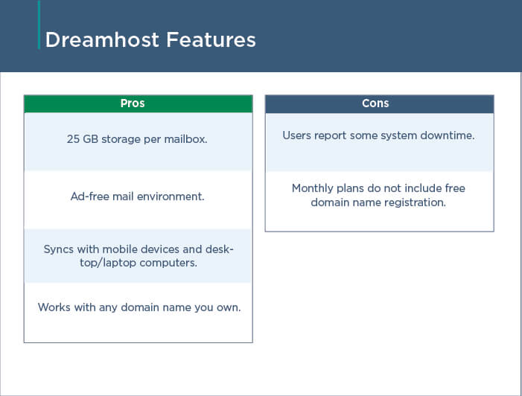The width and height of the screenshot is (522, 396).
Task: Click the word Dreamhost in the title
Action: [x=102, y=39]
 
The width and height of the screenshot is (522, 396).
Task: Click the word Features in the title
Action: [x=211, y=39]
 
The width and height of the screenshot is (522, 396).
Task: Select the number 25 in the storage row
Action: [x=73, y=139]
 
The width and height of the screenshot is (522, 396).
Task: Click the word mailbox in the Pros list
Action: [x=185, y=139]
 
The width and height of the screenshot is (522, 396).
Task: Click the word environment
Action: [x=171, y=197]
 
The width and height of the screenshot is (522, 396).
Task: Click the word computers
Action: [x=168, y=263]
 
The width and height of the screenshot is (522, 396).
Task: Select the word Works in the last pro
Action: [x=54, y=307]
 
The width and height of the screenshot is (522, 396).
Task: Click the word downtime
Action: [x=448, y=135]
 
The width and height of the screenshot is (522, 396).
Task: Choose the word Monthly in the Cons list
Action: [x=313, y=188]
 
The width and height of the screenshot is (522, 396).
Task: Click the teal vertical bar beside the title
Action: [x=39, y=25]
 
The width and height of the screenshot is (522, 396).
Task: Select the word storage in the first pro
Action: [x=121, y=139]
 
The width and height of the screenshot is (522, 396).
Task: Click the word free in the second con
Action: [x=455, y=188]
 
